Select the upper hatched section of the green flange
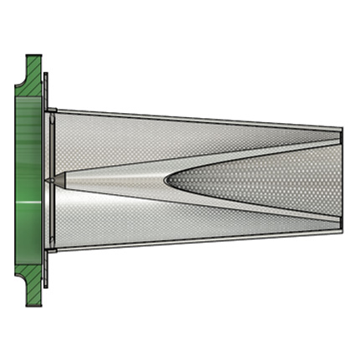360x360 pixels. tap(33, 75)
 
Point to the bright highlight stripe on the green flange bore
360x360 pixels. tap(30, 203)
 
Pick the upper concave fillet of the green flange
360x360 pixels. tap(20, 84)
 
